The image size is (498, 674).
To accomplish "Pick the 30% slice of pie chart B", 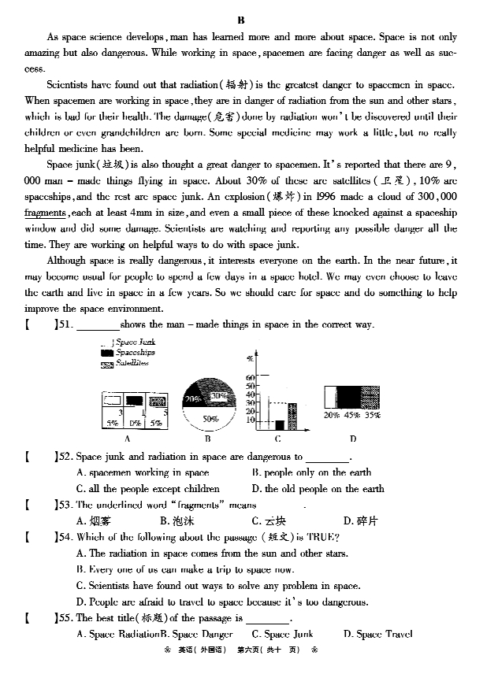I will coord(220,395).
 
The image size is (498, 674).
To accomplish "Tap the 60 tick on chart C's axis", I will coord(251,378).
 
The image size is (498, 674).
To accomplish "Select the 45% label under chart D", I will coord(351,415).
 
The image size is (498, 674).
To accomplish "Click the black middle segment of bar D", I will coord(349,397).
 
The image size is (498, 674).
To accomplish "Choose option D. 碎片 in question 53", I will coord(361,520).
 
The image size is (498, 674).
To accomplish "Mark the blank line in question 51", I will coord(98,325).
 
